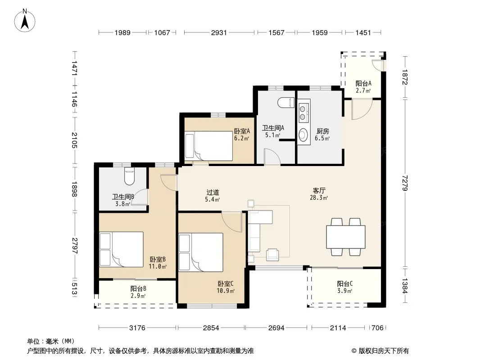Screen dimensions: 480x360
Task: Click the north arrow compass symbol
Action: point(25,21)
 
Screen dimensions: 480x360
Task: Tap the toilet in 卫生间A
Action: point(286,103)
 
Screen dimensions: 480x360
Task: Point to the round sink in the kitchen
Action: point(303,135)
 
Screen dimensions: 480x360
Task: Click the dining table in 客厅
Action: point(346,237)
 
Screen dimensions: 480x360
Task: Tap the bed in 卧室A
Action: point(209,146)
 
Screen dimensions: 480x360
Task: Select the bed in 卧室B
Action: point(122,249)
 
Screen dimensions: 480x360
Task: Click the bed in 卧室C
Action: point(201,252)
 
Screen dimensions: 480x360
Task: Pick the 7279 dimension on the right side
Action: point(405,183)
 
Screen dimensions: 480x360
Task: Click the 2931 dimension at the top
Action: point(219,32)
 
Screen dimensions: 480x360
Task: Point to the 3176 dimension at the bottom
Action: point(137,328)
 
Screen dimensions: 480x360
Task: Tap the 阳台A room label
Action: point(363,83)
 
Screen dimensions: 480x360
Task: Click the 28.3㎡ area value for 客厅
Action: point(319,198)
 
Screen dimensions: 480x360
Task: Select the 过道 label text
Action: point(213,193)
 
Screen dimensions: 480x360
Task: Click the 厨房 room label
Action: point(323,131)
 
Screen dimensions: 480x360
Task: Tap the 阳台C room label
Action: point(345,284)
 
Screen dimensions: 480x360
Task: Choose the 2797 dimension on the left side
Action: point(74,246)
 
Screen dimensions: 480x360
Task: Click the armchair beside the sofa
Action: point(272,255)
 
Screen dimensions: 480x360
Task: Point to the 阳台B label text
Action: point(138,288)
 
